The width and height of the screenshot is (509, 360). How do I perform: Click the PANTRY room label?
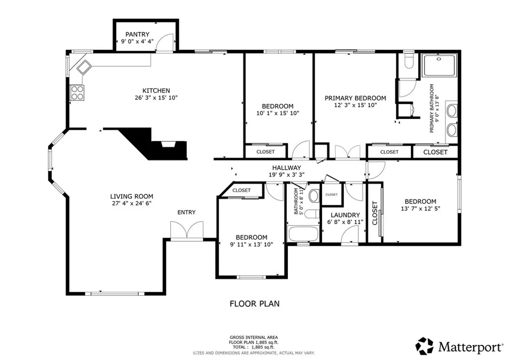click(x=137, y=34)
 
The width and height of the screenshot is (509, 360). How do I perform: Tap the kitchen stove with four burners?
click(x=77, y=92)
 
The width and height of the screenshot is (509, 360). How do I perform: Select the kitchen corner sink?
click(x=83, y=67)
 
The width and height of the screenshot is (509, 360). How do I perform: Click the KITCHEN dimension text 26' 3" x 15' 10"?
click(x=157, y=98)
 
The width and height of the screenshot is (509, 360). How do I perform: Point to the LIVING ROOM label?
click(x=132, y=196)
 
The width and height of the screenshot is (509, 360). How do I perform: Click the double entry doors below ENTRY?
click(x=186, y=231)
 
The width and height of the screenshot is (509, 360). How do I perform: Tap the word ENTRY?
click(x=186, y=212)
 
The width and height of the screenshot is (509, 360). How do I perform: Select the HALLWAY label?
click(x=286, y=168)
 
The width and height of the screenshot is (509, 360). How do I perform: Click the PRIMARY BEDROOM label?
click(x=355, y=98)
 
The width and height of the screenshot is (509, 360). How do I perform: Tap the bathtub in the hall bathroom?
click(x=303, y=233)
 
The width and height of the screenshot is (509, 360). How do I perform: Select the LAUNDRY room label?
click(x=345, y=215)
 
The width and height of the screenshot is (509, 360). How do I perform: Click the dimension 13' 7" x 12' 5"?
click(x=420, y=209)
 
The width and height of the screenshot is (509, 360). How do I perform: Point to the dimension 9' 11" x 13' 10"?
click(x=251, y=245)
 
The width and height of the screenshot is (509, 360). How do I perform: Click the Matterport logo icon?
click(x=424, y=345)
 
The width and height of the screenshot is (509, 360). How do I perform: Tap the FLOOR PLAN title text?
click(x=254, y=303)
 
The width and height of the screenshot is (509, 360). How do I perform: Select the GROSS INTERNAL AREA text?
click(x=254, y=337)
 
